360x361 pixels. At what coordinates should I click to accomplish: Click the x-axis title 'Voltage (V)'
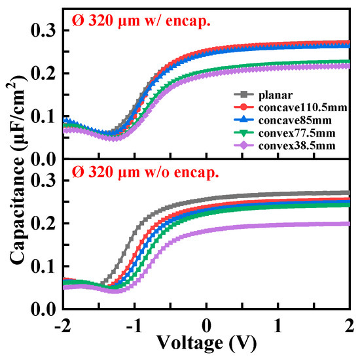(206, 343)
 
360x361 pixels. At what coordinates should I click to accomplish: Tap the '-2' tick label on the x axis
(62, 324)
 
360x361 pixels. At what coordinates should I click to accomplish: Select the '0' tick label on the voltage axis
(206, 324)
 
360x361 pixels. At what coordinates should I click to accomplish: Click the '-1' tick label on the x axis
(134, 324)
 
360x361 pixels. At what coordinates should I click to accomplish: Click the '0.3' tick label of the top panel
(44, 31)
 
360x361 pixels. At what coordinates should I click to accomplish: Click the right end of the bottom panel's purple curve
(348, 224)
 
